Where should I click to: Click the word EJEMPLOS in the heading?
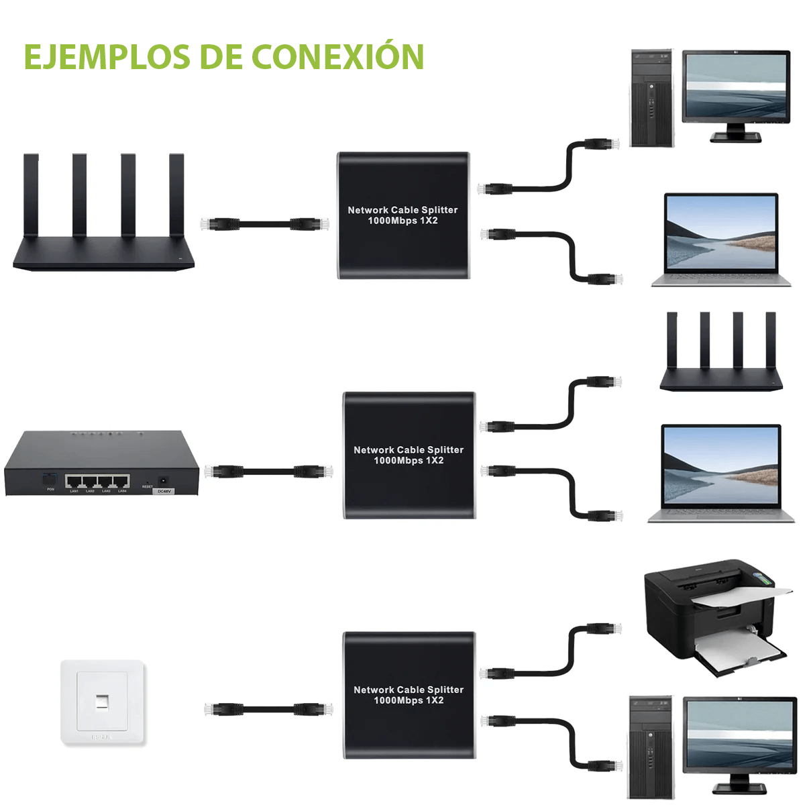click(x=107, y=57)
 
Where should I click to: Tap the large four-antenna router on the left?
click(x=104, y=221)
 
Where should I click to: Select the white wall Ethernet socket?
click(x=103, y=702)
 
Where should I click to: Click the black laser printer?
click(x=711, y=617)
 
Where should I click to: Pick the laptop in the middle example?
click(x=721, y=472)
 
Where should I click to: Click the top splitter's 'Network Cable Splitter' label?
click(x=402, y=210)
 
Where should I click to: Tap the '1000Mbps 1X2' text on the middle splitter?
click(x=409, y=461)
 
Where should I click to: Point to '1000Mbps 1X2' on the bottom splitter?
click(x=409, y=700)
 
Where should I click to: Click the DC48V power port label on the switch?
click(x=164, y=491)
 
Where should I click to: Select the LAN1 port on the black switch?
click(x=74, y=482)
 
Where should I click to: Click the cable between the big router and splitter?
click(x=265, y=224)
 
